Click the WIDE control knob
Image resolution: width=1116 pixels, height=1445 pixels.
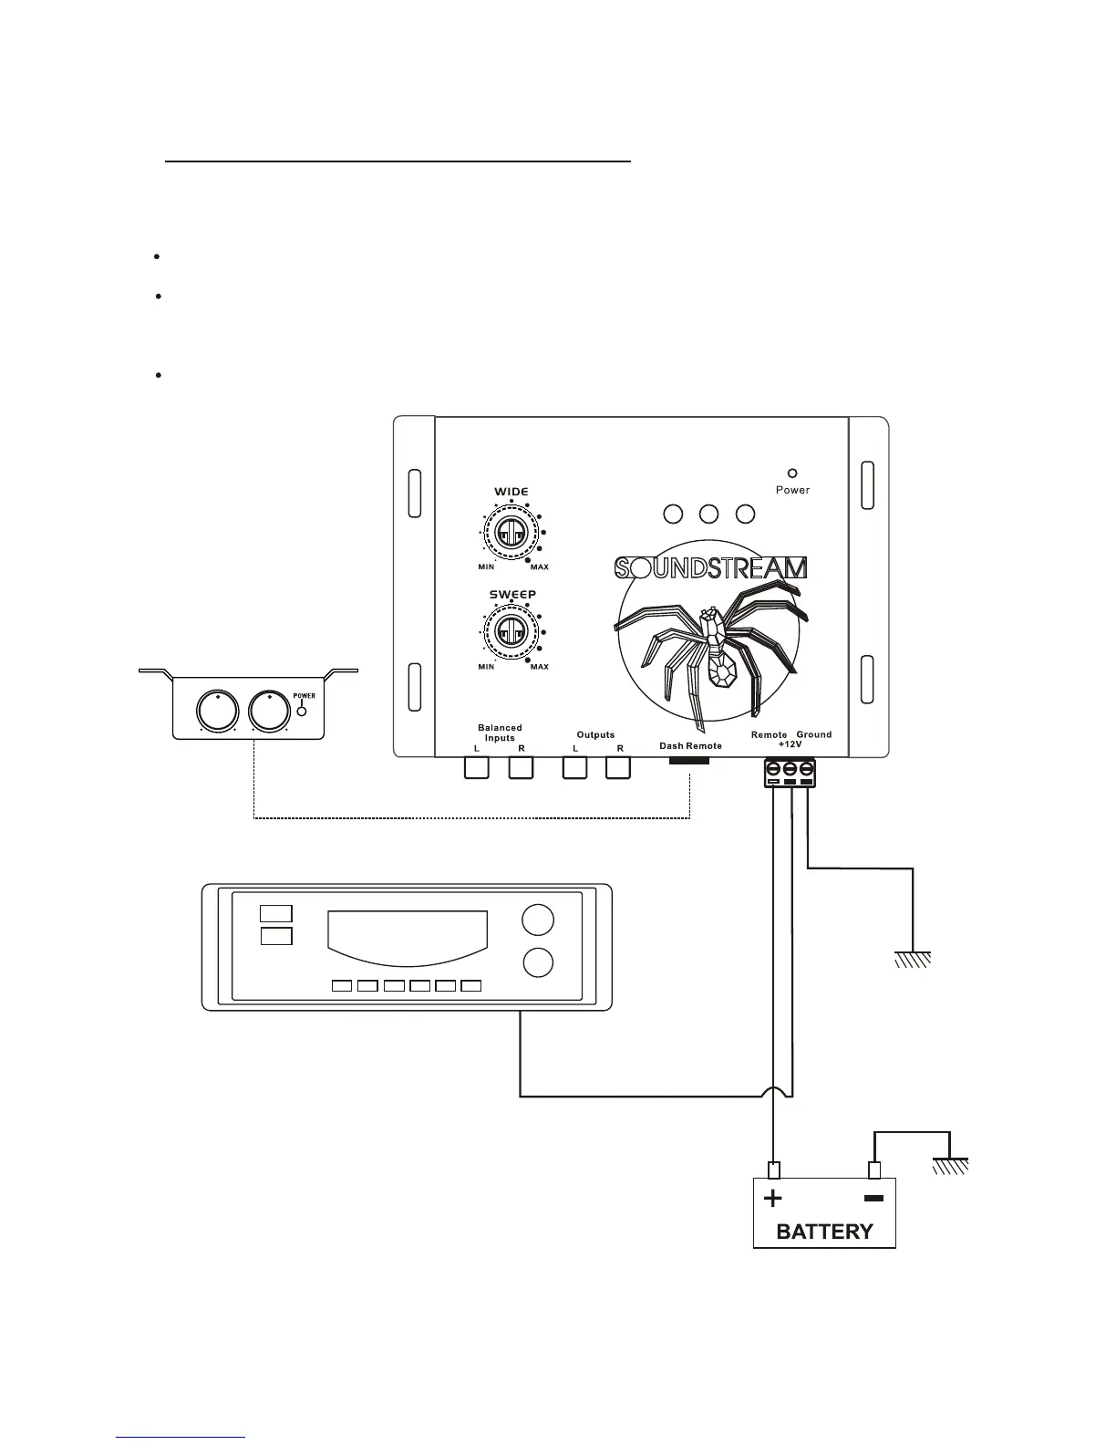tap(511, 531)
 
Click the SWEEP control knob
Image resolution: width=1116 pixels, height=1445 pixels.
tap(511, 629)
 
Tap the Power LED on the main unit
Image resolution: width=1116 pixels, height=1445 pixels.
tap(792, 473)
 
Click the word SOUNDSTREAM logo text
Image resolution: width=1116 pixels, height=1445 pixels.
tap(710, 568)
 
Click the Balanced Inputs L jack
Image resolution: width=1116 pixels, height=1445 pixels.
tap(477, 768)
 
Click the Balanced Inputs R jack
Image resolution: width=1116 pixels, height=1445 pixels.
tap(521, 768)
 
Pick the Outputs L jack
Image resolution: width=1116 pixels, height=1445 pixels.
tap(574, 768)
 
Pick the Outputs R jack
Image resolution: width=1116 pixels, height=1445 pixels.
tap(618, 768)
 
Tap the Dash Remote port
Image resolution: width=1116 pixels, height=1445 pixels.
tap(689, 760)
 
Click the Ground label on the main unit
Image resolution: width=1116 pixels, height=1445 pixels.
tap(813, 734)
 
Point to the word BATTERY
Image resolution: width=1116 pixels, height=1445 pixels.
tap(824, 1232)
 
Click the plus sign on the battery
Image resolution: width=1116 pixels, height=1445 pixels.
tap(773, 1198)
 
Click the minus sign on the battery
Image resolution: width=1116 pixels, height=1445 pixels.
tap(873, 1198)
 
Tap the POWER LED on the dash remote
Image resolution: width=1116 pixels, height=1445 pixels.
tap(302, 708)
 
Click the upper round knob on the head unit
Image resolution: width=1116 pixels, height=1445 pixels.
tap(538, 920)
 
